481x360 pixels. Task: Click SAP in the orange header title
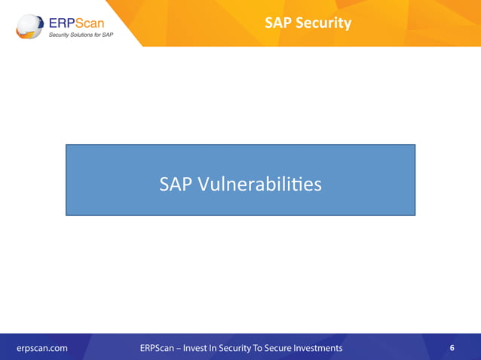[x=277, y=23]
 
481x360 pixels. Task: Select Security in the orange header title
[x=322, y=23]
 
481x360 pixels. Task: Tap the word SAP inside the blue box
[x=176, y=184]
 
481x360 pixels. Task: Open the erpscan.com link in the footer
[x=43, y=348]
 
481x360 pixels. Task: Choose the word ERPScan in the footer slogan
[x=158, y=348]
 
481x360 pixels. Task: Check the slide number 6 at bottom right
[x=452, y=348]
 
